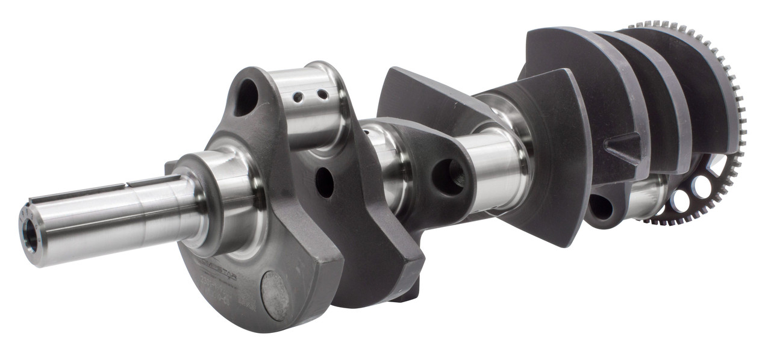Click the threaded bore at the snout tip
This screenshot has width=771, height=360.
28,231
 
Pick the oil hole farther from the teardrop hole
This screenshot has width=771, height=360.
322,95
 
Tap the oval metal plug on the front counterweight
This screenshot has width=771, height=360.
275,295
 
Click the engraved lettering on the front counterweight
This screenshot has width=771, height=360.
220,283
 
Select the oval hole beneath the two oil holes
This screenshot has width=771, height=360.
325,181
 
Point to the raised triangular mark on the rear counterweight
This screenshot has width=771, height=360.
623,147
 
